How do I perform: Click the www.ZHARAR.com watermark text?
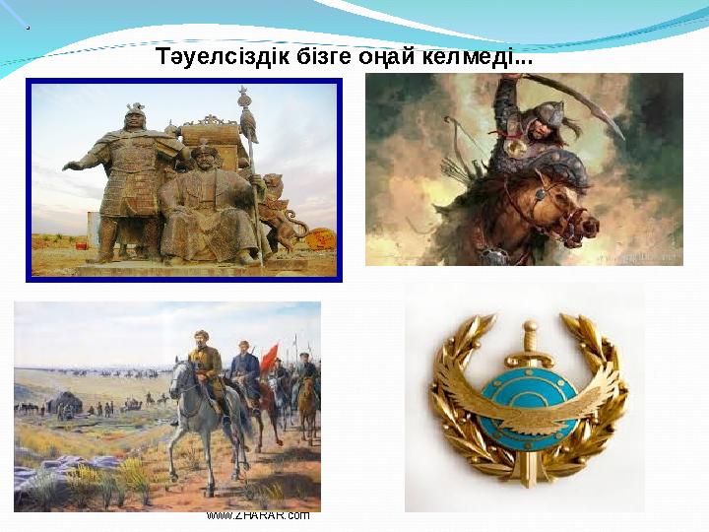[x=259, y=514]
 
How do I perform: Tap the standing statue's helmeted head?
[x=135, y=117]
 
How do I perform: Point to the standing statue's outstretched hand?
[x=71, y=165]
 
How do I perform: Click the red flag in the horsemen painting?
[x=270, y=354]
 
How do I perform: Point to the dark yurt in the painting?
[x=68, y=403]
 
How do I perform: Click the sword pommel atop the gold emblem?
[x=530, y=326]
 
